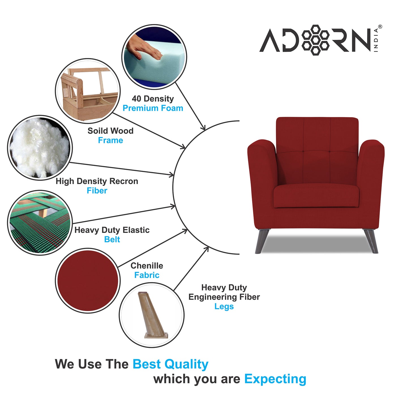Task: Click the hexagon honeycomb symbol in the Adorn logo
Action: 315,40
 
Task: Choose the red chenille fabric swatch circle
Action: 88,280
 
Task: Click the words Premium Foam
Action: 153,108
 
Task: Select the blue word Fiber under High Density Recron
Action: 97,191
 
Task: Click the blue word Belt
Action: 112,239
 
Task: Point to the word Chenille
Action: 147,266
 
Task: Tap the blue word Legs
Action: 224,307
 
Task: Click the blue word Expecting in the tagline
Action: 275,379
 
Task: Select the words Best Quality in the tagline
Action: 170,364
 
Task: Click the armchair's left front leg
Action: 262,241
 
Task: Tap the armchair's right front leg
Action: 371,241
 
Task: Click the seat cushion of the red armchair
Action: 316,196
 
